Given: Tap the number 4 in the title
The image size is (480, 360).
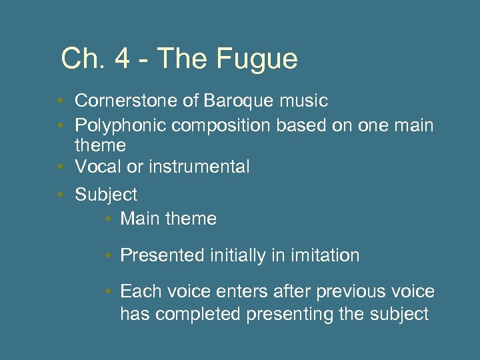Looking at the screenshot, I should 122,59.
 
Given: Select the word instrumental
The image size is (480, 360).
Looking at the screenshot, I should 199,167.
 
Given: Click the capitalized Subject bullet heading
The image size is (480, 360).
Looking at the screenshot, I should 106,195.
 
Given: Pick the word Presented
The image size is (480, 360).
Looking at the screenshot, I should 163,255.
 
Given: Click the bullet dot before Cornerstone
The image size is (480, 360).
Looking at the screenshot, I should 60,101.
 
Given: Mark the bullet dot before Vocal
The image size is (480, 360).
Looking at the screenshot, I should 60,167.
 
